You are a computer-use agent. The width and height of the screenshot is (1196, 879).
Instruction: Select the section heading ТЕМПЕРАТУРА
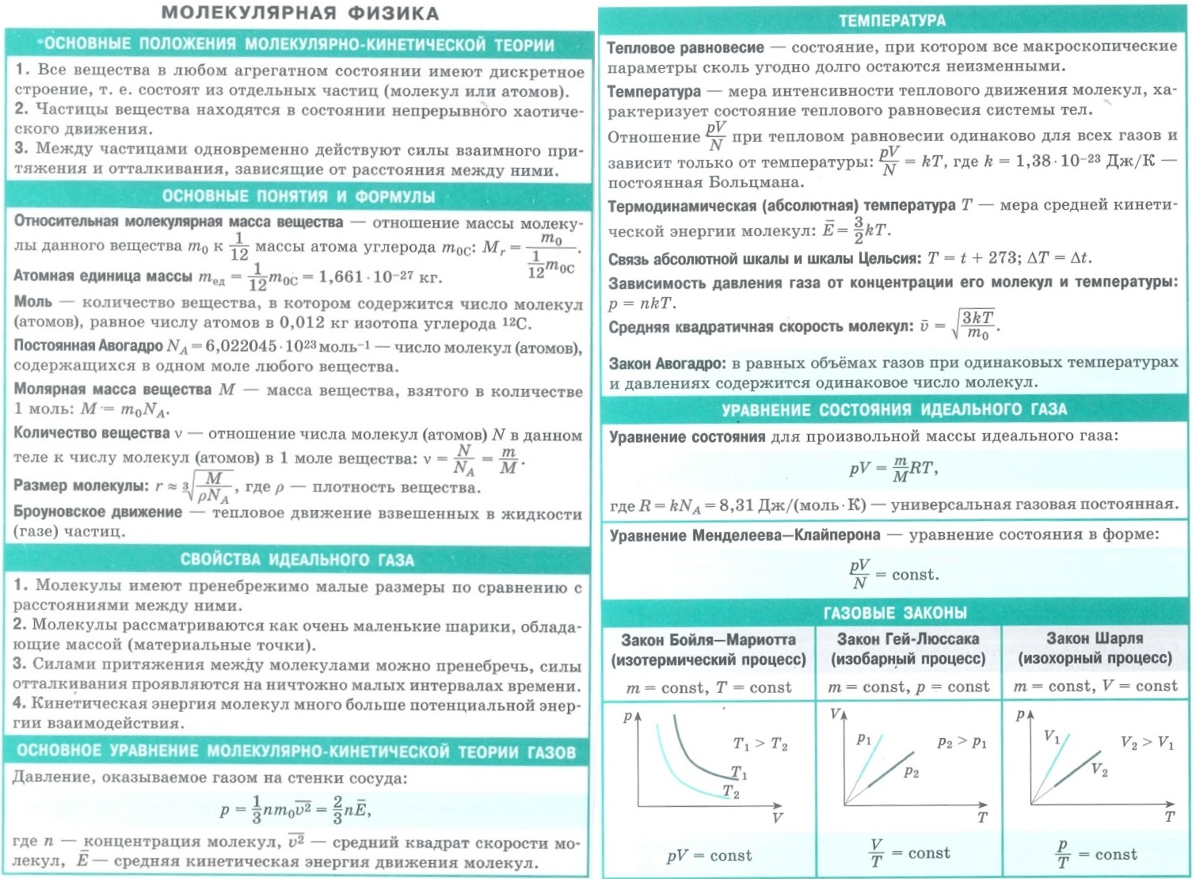click(892, 21)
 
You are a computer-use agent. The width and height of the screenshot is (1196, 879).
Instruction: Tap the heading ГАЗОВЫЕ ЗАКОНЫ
click(895, 613)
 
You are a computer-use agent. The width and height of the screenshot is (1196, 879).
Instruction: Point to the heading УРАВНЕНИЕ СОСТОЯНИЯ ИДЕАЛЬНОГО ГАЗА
click(894, 409)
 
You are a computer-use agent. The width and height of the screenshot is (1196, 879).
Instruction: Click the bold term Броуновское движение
click(97, 512)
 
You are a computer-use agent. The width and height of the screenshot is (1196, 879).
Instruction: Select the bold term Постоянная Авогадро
click(88, 345)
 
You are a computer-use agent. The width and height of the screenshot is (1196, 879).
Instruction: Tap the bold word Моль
click(32, 302)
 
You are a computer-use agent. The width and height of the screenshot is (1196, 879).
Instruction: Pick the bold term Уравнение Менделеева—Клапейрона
click(745, 535)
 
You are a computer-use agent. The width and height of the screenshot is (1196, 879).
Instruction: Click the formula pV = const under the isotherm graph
click(709, 855)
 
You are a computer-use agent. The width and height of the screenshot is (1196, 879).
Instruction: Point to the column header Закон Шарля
click(1095, 638)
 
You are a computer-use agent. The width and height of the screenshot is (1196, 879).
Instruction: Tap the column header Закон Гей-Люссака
click(908, 638)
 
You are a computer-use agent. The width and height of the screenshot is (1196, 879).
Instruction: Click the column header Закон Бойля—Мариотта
click(708, 639)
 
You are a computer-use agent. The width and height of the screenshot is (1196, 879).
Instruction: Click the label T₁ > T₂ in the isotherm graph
click(760, 744)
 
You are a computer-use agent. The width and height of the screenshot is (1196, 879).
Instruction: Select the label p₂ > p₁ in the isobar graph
click(962, 742)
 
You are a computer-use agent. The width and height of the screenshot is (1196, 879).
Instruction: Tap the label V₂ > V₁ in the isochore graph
click(1146, 743)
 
